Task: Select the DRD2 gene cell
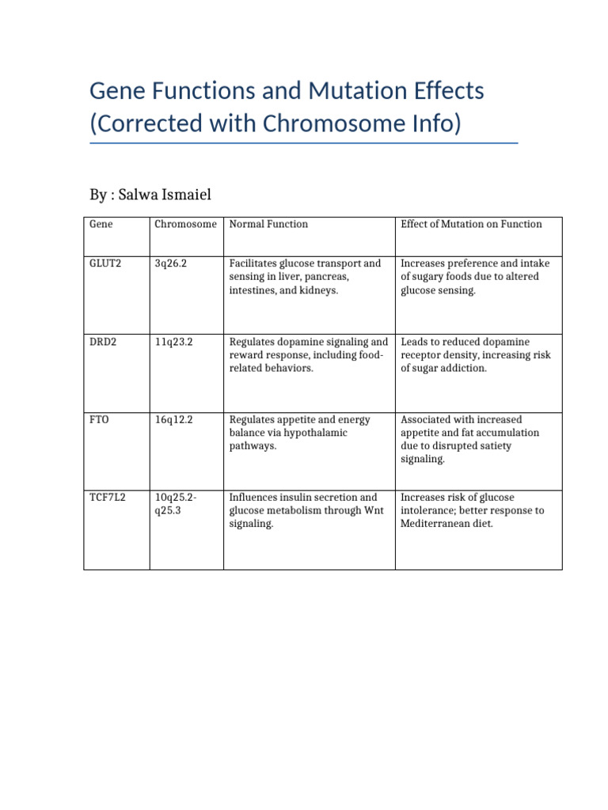(x=101, y=342)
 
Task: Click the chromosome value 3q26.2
(x=170, y=263)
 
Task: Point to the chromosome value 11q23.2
(x=173, y=342)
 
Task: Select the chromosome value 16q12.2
(x=173, y=419)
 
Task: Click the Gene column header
(x=101, y=224)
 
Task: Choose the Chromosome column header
(x=185, y=224)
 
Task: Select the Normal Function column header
(x=268, y=224)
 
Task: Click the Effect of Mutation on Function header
(x=471, y=224)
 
